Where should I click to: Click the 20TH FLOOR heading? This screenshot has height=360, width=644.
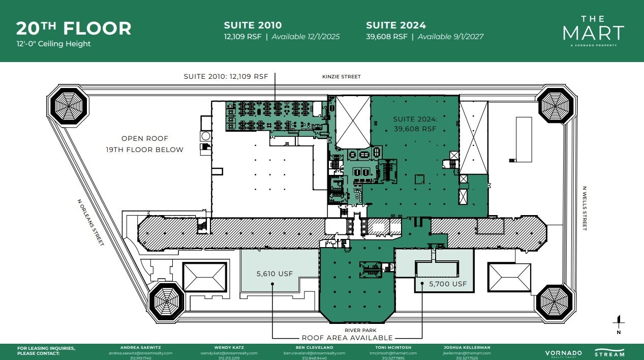click(74, 28)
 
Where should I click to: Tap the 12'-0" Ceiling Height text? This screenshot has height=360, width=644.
click(53, 44)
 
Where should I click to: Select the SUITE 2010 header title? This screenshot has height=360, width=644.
click(253, 25)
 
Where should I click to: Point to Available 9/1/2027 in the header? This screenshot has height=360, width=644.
click(450, 37)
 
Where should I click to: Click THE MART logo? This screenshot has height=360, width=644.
click(593, 31)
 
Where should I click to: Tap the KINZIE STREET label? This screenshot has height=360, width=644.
click(341, 77)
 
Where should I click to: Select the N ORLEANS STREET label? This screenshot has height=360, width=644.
click(90, 222)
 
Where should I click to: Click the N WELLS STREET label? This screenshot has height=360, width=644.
click(584, 208)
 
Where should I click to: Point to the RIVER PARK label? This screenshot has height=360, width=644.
click(356, 330)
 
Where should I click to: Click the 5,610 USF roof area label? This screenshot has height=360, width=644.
click(274, 274)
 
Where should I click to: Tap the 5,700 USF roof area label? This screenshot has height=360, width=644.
click(448, 284)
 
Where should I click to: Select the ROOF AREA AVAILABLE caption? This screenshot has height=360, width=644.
click(347, 338)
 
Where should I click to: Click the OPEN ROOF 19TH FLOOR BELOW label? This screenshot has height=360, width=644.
click(145, 144)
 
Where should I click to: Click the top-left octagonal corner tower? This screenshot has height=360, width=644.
click(68, 106)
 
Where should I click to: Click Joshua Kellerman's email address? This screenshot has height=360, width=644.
click(467, 353)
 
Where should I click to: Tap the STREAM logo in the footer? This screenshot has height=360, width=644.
click(609, 352)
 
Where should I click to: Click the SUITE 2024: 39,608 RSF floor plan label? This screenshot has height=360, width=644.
click(415, 124)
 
